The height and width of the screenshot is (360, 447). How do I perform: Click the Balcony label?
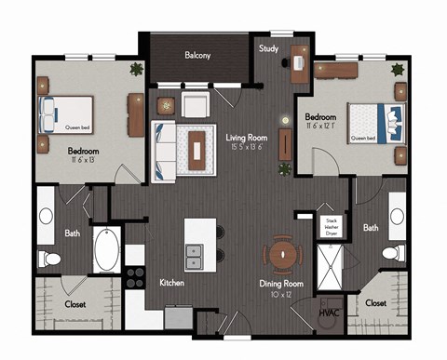pyautogui.click(x=196, y=55)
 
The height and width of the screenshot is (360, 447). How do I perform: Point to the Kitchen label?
pyautogui.click(x=172, y=281)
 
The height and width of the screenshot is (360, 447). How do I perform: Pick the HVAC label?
pyautogui.click(x=328, y=313)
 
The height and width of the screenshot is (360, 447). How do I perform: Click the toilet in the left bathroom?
pyautogui.click(x=49, y=258)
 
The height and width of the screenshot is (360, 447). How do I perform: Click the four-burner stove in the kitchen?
pyautogui.click(x=135, y=276)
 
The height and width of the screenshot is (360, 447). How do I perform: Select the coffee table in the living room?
pyautogui.click(x=196, y=148)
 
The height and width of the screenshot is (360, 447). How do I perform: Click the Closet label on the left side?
pyautogui.click(x=75, y=303)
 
